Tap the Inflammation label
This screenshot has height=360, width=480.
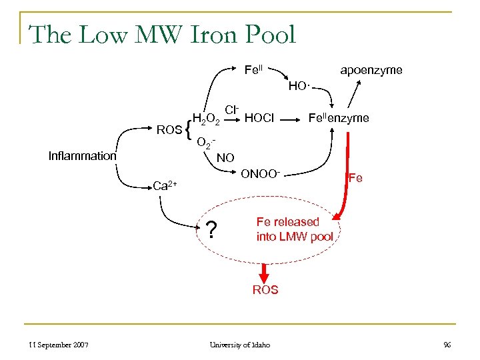82,156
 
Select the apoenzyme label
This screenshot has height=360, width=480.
371,70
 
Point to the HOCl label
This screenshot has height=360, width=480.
259,119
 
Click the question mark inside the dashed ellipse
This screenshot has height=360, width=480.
211,230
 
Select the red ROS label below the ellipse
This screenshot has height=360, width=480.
265,290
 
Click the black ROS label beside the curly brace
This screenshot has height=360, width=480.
169,129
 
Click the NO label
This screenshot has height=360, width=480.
226,159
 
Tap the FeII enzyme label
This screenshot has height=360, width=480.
338,118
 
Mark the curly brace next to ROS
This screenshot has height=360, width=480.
189,130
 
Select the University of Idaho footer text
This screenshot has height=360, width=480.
240,345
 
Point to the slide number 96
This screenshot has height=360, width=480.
446,345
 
